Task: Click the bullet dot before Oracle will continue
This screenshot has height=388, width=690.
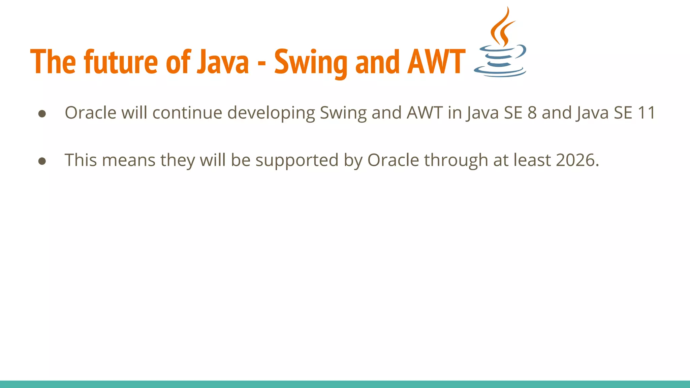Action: [42, 114]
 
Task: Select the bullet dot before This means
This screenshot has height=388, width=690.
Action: [42, 161]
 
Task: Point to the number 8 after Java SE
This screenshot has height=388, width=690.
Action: [532, 113]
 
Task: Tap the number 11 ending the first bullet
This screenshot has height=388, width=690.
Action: [646, 113]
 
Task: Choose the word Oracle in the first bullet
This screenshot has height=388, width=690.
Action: [90, 113]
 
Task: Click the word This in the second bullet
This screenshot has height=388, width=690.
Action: [81, 160]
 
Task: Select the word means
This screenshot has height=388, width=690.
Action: [128, 161]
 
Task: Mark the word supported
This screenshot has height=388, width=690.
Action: [297, 161]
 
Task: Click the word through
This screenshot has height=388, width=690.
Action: [456, 160]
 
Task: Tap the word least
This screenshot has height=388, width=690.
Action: [532, 160]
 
